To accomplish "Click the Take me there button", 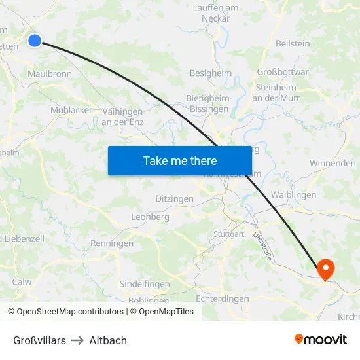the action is (180, 160).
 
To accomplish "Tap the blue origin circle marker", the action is (35, 41).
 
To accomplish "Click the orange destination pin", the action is (325, 269).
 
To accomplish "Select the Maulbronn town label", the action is (50, 74).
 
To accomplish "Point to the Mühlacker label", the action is (71, 110).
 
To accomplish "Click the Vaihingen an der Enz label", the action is (122, 117).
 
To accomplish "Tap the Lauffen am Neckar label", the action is (215, 12).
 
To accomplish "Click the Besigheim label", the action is (210, 73).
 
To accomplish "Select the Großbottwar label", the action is (283, 72).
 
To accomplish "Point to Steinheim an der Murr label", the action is (276, 92).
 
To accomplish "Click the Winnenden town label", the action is (333, 163).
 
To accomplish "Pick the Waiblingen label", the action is (293, 194).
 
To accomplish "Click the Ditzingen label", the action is (174, 198).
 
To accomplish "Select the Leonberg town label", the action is (151, 217).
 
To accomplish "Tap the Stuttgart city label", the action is (228, 234).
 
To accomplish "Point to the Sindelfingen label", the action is (144, 284).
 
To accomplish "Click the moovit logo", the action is (321, 340).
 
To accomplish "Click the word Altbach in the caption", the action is (108, 340).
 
